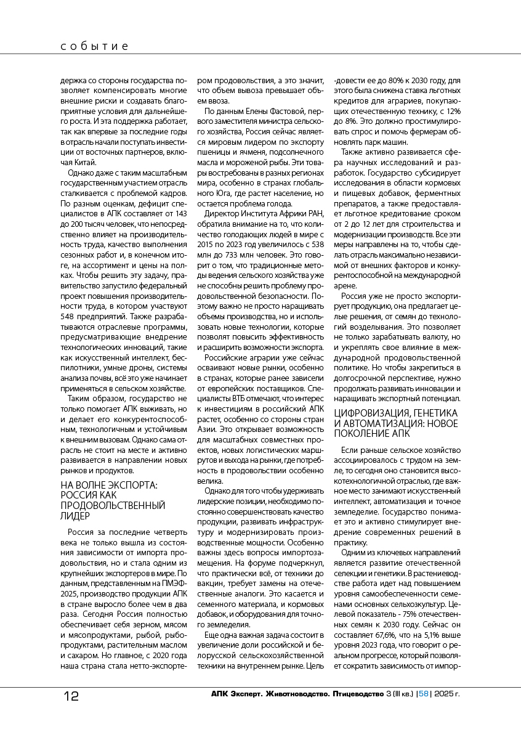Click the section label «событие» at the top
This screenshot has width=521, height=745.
pyautogui.click(x=94, y=46)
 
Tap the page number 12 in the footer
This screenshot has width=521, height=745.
pyautogui.click(x=71, y=696)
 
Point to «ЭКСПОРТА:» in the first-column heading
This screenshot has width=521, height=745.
pyautogui.click(x=134, y=486)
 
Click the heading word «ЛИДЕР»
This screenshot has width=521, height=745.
pyautogui.click(x=75, y=516)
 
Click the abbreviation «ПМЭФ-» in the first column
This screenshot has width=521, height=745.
pyautogui.click(x=173, y=571)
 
